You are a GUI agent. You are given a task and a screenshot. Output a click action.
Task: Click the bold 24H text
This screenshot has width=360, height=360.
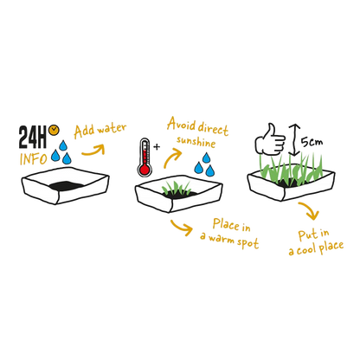(33, 138)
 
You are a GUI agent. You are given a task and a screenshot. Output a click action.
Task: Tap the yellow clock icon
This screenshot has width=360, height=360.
(54, 130)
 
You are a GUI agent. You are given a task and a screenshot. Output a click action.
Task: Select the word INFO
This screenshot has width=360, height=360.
(33, 159)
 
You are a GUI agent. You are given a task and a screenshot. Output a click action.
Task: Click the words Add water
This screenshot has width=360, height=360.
(100, 131)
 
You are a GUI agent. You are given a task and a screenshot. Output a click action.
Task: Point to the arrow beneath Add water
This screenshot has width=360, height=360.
(94, 151)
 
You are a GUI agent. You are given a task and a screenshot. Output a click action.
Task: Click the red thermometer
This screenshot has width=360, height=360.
(145, 157)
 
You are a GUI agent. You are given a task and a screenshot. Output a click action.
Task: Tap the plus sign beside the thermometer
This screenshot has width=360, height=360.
(157, 147)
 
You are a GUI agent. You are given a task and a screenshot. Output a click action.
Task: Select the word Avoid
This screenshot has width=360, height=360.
(182, 124)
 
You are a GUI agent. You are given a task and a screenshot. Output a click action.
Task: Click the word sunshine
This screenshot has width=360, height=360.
(196, 142)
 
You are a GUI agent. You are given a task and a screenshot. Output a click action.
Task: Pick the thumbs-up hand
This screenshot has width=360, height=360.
(270, 140)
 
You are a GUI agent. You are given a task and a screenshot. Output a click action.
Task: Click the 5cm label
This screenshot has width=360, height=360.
(312, 142)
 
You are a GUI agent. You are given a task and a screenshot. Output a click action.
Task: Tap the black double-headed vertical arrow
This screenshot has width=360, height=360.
(294, 140)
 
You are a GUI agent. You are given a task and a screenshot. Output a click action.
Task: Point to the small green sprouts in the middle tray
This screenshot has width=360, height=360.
(176, 188)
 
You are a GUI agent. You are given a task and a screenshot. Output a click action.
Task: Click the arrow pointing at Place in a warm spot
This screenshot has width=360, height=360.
(183, 228)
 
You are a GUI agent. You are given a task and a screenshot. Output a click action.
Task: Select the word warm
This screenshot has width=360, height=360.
(222, 239)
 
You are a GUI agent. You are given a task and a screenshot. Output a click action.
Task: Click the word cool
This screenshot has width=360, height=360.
(307, 249)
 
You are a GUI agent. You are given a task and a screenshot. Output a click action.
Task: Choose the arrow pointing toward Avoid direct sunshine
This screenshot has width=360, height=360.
(172, 158)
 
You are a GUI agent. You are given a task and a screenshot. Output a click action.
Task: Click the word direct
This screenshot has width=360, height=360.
(214, 128)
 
